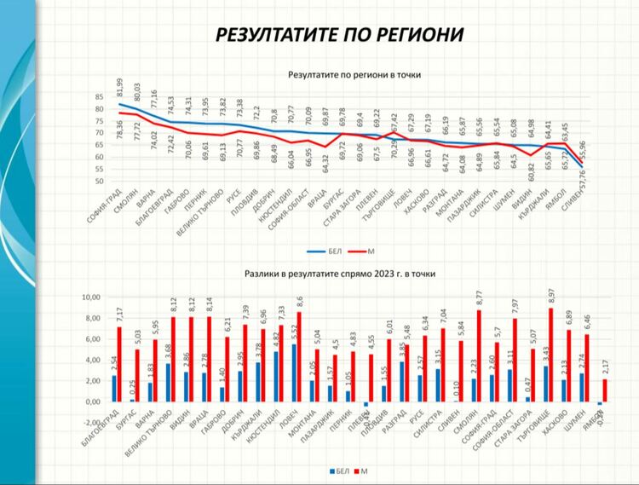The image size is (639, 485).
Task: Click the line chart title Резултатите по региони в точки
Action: (355, 75)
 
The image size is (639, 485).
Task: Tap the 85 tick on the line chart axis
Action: (98, 97)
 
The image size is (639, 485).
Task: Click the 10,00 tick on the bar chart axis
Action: (89, 297)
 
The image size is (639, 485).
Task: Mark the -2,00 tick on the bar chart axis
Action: (89, 422)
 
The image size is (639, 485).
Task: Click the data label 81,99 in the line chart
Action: (121, 88)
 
